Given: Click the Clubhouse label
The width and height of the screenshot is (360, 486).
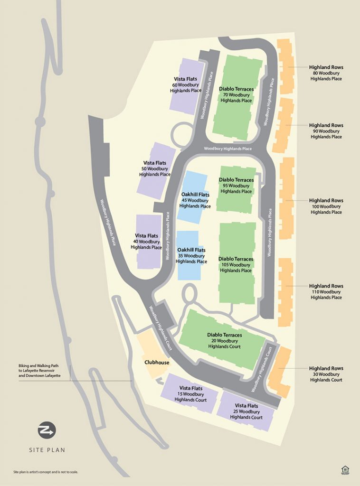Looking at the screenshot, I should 157,362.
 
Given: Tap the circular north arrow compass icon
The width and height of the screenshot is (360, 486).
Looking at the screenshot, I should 47,430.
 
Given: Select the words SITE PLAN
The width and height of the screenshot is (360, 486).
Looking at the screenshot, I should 47,449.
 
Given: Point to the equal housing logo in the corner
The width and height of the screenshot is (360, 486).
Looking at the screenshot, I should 345,469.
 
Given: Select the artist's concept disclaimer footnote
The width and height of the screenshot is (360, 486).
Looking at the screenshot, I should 46,472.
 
